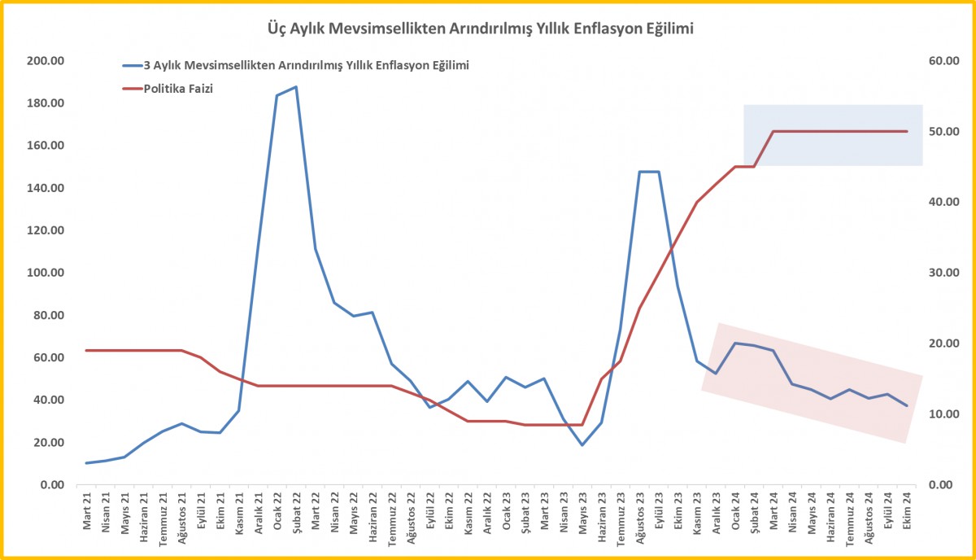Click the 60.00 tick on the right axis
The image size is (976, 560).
pyautogui.click(x=944, y=61)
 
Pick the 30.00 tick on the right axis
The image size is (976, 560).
pyautogui.click(x=944, y=273)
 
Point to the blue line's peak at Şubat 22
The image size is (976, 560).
pyautogui.click(x=295, y=87)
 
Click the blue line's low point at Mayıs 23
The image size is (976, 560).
pyautogui.click(x=582, y=444)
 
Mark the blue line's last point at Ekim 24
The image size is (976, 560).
pyautogui.click(x=907, y=405)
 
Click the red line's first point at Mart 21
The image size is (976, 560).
pyautogui.click(x=87, y=350)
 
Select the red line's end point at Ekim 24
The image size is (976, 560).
pyautogui.click(x=907, y=131)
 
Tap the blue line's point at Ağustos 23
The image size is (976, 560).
pyautogui.click(x=640, y=172)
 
